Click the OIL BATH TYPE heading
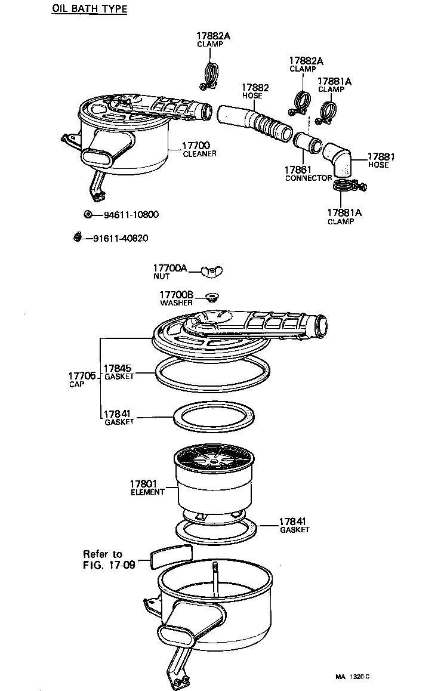click(90, 9)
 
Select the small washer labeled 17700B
click(211, 296)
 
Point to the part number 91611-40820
click(121, 239)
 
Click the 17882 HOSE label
click(255, 91)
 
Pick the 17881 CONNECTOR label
click(308, 174)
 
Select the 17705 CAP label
click(82, 380)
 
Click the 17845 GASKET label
click(119, 372)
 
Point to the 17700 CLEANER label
click(199, 149)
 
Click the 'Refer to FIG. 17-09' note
click(109, 559)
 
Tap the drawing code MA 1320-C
click(352, 677)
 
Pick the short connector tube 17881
click(307, 143)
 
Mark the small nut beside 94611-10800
click(88, 214)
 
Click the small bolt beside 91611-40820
click(78, 237)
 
